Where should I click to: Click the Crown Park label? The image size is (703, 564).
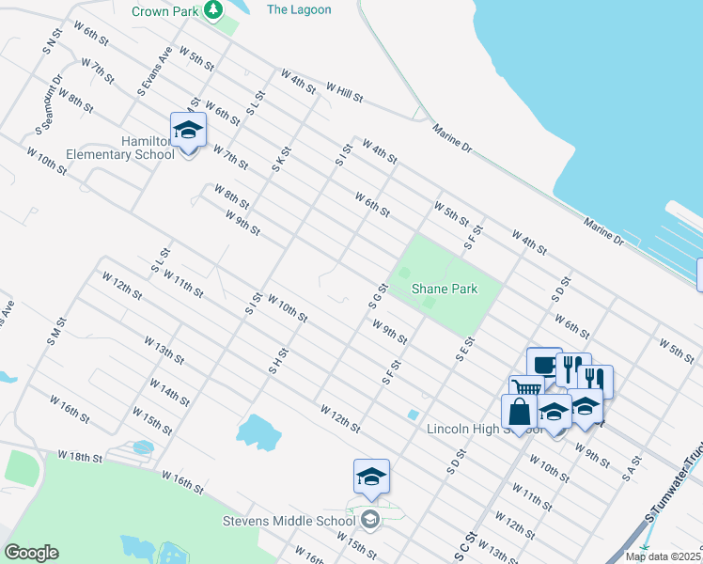click(165, 11)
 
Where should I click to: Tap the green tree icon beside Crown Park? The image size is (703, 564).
click(214, 10)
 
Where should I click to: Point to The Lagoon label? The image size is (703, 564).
click(299, 9)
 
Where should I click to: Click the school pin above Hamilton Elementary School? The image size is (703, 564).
click(188, 131)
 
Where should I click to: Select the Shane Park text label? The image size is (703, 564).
click(445, 290)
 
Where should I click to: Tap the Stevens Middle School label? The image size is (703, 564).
click(288, 520)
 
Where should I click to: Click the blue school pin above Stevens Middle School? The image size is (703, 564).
click(371, 478)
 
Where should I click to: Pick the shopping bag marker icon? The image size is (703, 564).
click(520, 412)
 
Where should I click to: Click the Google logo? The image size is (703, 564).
click(31, 553)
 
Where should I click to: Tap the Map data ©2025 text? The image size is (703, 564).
click(663, 556)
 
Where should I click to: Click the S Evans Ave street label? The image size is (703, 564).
click(156, 72)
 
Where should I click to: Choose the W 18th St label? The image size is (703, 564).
click(78, 456)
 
